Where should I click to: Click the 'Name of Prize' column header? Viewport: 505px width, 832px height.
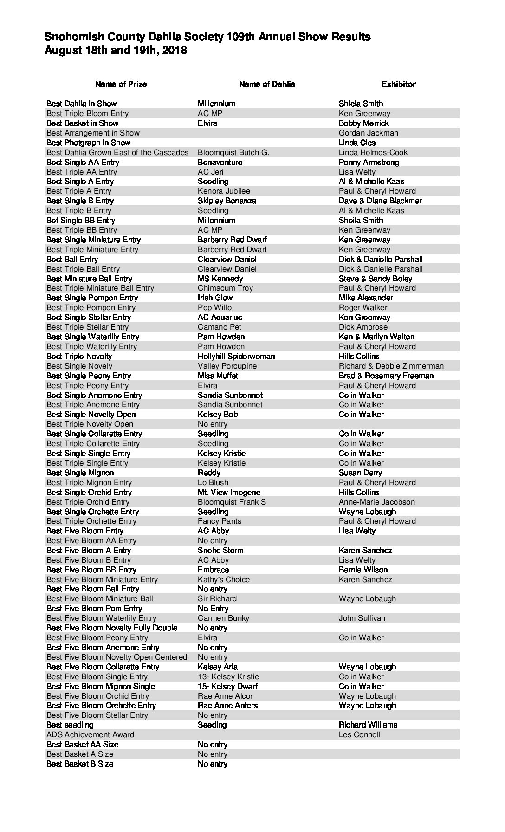(121, 84)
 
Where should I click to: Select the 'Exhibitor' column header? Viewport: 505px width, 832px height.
(398, 84)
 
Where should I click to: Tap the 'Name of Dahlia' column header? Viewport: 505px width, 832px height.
(267, 84)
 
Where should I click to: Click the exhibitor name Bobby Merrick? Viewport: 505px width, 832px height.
(363, 123)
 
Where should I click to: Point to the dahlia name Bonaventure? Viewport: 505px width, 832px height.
(220, 162)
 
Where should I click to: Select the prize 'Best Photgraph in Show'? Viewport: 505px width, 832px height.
(88, 143)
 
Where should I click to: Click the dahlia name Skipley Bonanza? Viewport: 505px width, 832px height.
(227, 201)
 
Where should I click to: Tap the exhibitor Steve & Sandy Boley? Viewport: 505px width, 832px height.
(376, 279)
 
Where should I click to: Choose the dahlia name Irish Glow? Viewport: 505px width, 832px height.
(215, 298)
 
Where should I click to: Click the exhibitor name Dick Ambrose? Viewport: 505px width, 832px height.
(363, 327)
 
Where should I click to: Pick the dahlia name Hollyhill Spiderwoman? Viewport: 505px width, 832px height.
(236, 356)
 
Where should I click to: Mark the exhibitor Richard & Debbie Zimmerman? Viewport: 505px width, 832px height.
(391, 366)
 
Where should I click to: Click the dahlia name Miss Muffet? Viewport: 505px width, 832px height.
(218, 376)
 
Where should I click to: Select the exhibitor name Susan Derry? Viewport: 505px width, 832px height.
(361, 473)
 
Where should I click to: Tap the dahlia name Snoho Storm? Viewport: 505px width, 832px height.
(220, 550)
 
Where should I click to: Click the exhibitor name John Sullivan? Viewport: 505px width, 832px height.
(362, 618)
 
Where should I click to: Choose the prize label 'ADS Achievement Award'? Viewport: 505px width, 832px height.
(90, 734)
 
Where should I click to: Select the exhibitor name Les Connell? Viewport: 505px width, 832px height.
(360, 734)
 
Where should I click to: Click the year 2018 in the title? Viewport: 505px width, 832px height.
(175, 51)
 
